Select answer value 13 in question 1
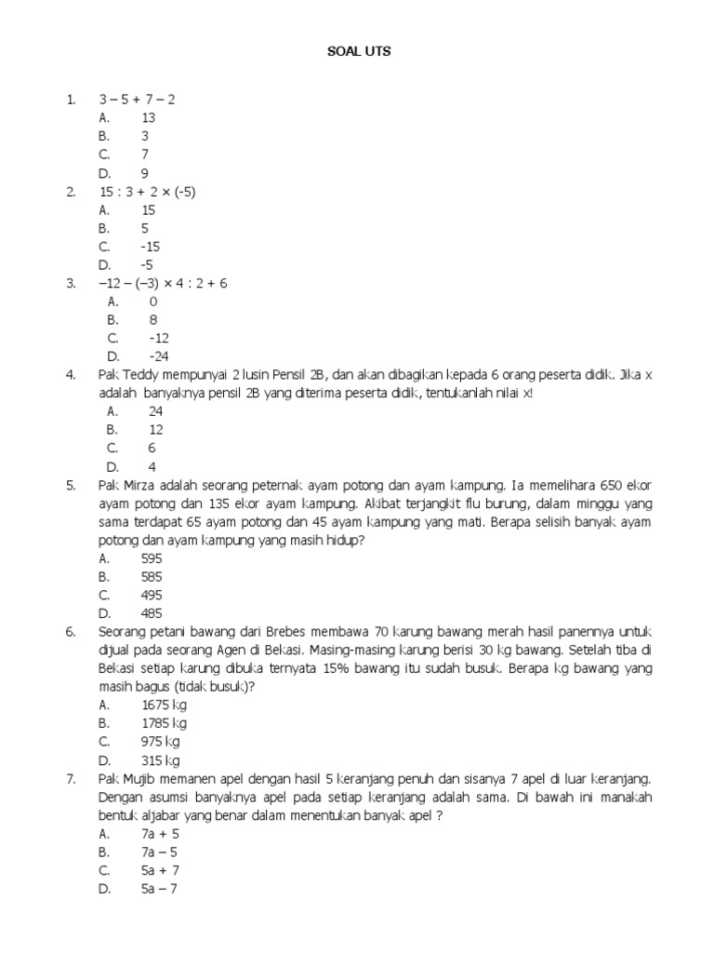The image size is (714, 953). (149, 117)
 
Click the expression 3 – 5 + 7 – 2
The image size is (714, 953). (137, 99)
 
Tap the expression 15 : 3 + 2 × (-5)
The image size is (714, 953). (148, 192)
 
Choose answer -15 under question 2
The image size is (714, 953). (151, 247)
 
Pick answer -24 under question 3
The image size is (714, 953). (159, 356)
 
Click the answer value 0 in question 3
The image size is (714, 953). (153, 302)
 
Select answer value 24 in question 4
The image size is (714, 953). (156, 411)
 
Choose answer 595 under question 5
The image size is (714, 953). (152, 558)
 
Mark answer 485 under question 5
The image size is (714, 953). (152, 613)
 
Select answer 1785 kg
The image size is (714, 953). (164, 723)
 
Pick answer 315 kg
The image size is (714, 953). (160, 760)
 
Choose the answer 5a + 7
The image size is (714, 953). (160, 870)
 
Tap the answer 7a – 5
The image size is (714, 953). (160, 852)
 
